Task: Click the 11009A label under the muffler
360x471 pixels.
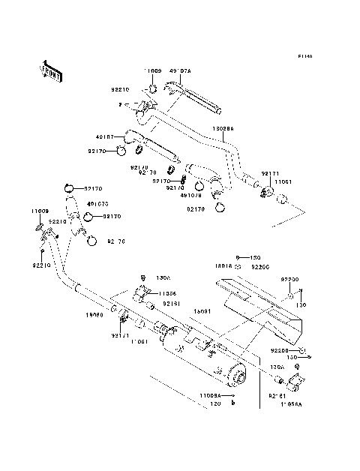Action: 212,394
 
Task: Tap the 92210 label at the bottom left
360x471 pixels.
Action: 41,265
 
